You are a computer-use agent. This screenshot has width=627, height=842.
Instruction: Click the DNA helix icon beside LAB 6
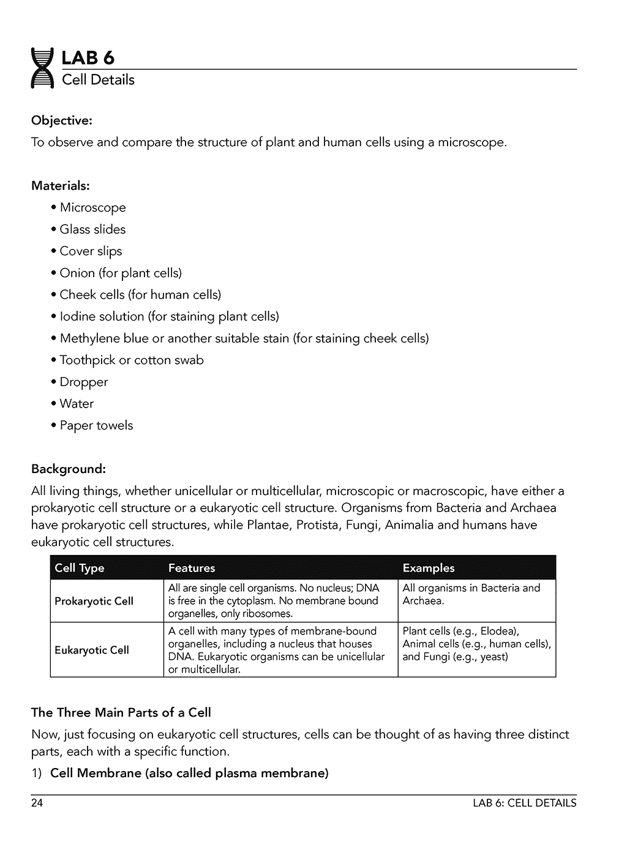pyautogui.click(x=42, y=68)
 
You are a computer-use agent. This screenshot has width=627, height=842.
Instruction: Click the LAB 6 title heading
pyautogui.click(x=88, y=58)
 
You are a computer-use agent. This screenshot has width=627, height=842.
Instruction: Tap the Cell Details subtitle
pyautogui.click(x=98, y=80)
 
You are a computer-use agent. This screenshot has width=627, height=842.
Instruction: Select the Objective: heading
pyautogui.click(x=61, y=120)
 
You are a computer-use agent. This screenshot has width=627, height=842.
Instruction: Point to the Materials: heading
pyautogui.click(x=60, y=185)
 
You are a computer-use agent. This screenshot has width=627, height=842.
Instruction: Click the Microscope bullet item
pyautogui.click(x=92, y=207)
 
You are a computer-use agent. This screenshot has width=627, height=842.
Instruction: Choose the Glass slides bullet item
pyautogui.click(x=92, y=229)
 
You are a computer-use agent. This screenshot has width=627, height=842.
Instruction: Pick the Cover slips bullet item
pyautogui.click(x=91, y=251)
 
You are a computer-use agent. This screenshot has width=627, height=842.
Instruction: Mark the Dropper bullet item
pyautogui.click(x=83, y=382)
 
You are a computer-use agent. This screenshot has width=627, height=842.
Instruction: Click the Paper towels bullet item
pyautogui.click(x=96, y=425)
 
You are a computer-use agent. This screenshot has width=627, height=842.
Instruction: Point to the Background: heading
pyautogui.click(x=68, y=469)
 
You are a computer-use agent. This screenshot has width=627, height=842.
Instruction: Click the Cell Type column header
pyautogui.click(x=80, y=568)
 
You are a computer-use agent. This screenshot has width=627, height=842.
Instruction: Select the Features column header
pyautogui.click(x=192, y=568)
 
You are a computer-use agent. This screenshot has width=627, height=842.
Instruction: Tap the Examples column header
pyautogui.click(x=428, y=568)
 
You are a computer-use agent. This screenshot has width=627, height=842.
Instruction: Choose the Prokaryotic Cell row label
pyautogui.click(x=94, y=601)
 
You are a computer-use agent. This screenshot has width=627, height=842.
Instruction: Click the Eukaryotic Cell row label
pyautogui.click(x=92, y=650)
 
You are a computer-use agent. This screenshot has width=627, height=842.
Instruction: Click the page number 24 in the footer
pyautogui.click(x=37, y=803)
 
